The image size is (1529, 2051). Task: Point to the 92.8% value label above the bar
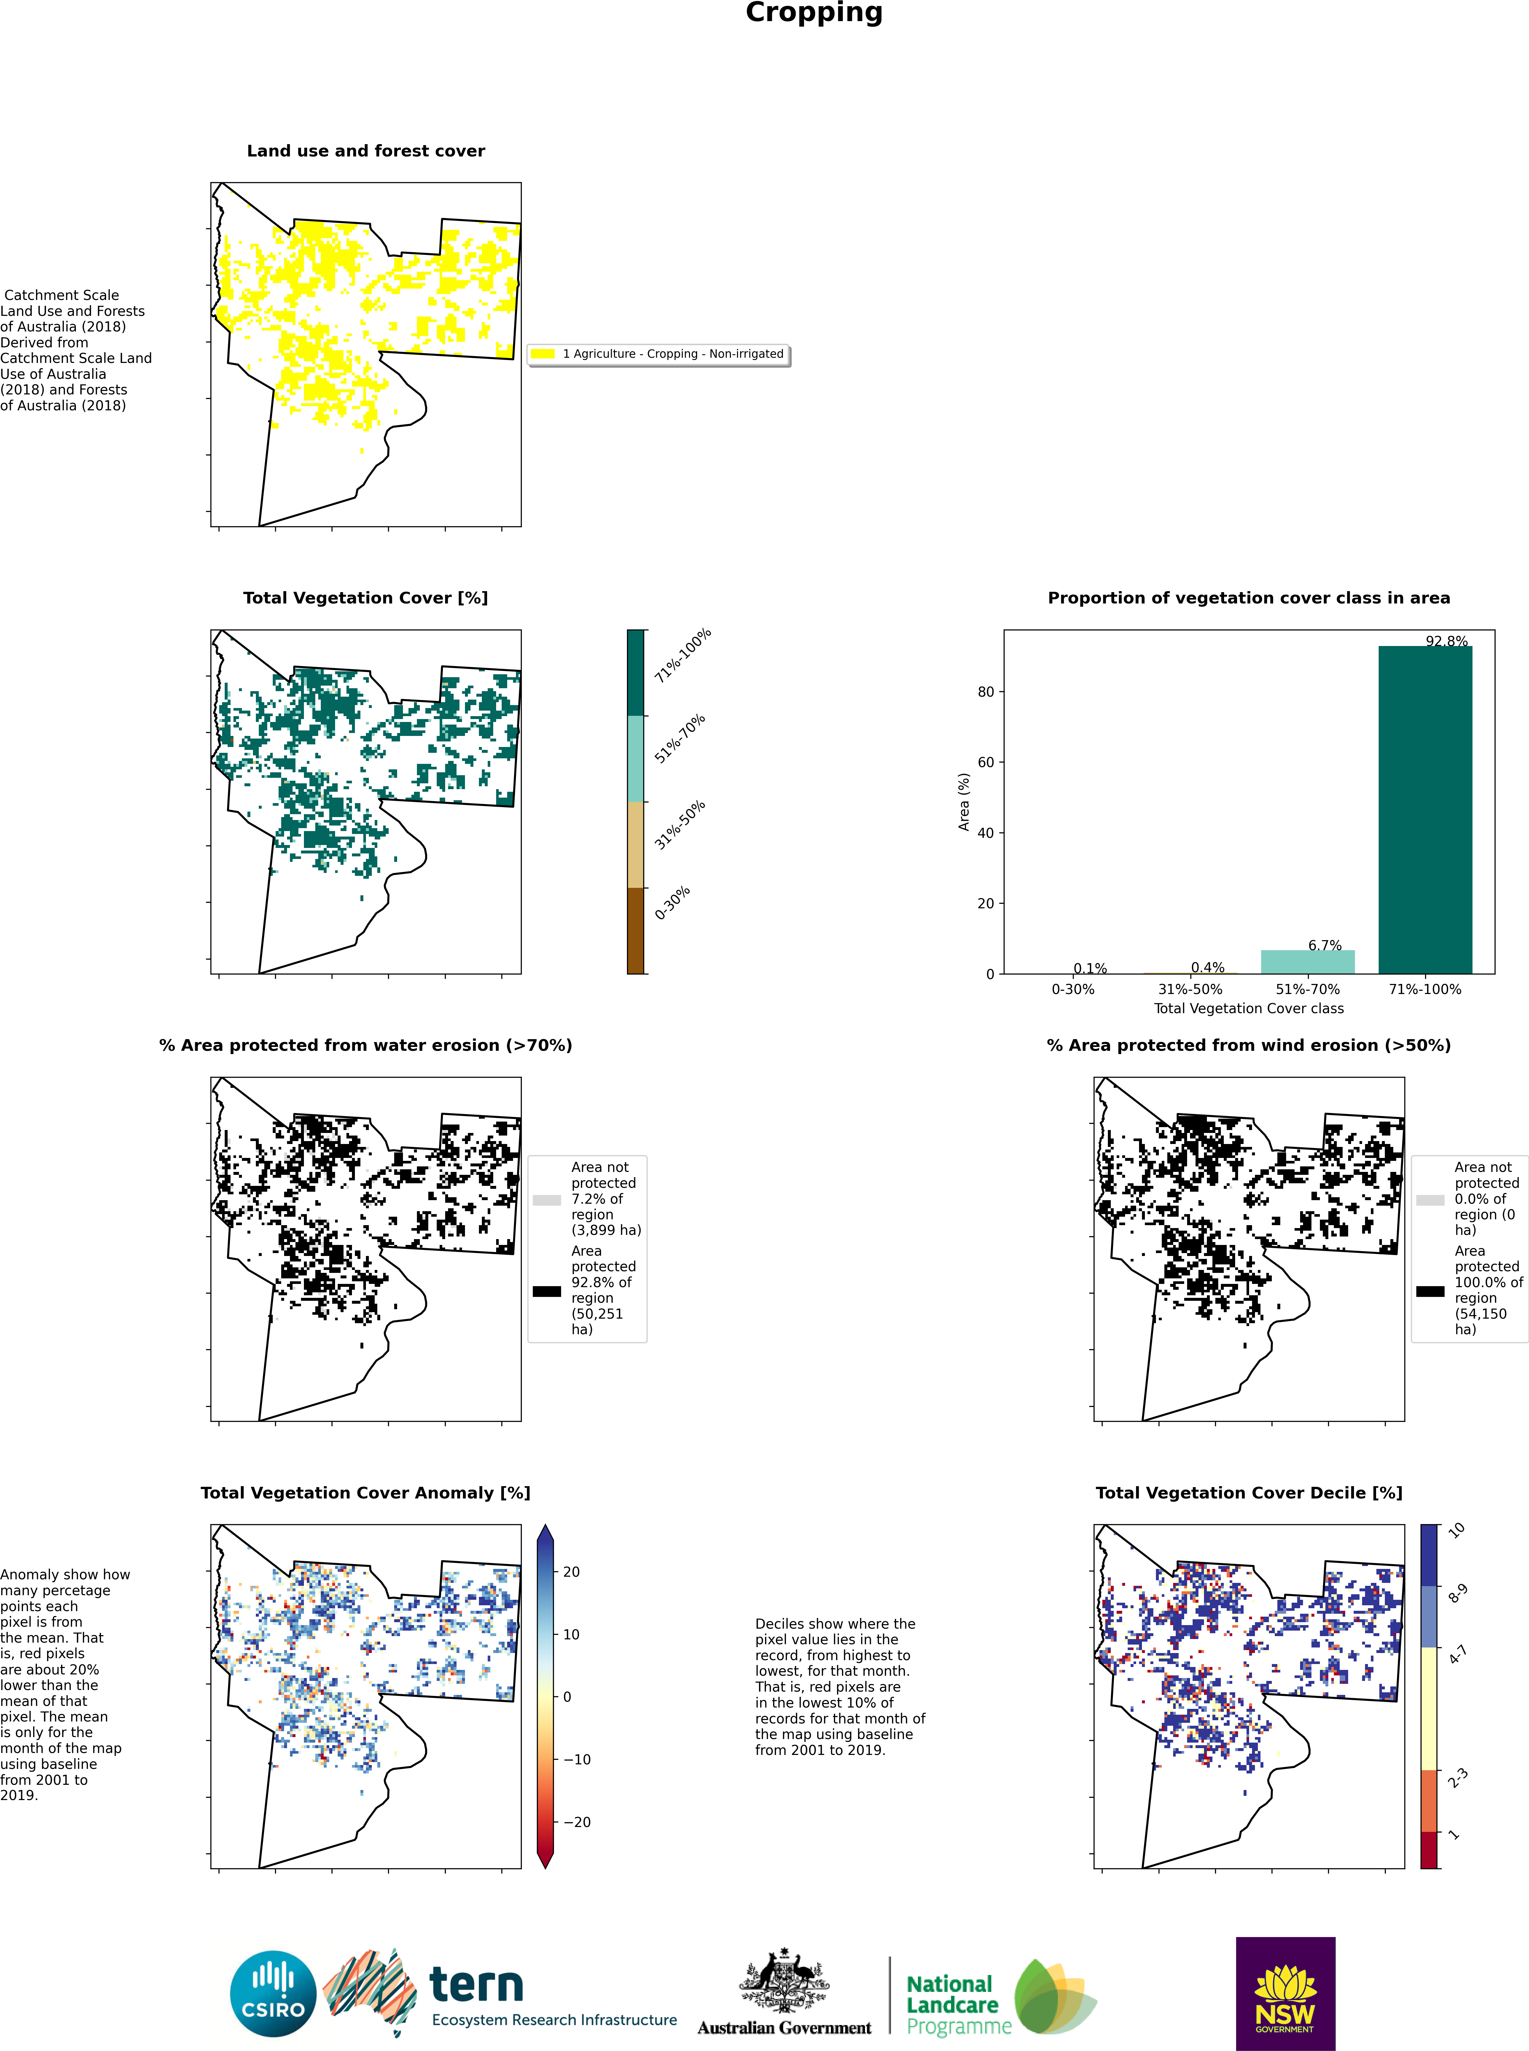point(1447,640)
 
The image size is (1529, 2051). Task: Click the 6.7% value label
point(1324,945)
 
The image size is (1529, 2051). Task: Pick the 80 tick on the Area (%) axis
point(986,692)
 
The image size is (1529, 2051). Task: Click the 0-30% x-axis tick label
point(1073,989)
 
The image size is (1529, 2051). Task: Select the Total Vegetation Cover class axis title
point(1248,1008)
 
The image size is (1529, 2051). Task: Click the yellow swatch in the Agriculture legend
point(543,354)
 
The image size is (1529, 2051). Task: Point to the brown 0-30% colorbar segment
point(636,931)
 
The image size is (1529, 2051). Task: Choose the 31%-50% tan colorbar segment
point(636,845)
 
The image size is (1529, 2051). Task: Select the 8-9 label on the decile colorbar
point(1458,1593)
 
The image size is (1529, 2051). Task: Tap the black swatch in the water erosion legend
point(547,1290)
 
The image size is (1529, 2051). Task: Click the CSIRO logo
point(273,1994)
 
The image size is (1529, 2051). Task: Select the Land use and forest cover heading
point(366,151)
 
